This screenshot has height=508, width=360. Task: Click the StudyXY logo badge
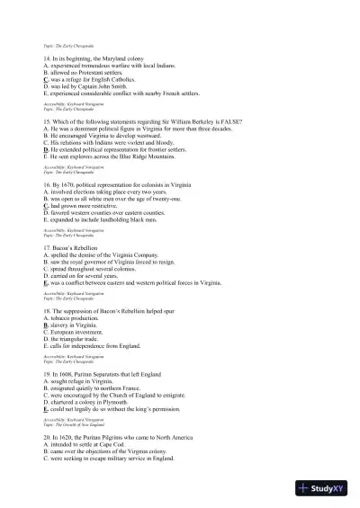pos(327,489)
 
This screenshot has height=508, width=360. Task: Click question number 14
pos(48,59)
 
